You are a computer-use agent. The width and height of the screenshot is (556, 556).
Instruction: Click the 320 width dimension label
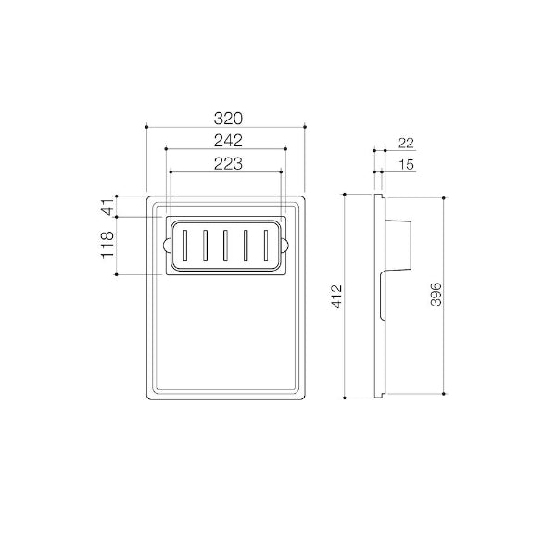tap(228, 119)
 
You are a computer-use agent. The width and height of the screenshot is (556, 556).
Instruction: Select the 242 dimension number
tap(228, 141)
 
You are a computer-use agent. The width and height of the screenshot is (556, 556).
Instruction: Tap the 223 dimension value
tap(228, 164)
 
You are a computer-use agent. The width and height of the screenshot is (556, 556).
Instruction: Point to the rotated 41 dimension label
tap(107, 207)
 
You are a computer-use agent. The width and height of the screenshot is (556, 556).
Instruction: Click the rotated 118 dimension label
tap(107, 245)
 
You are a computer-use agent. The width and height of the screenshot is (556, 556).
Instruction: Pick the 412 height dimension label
tap(336, 296)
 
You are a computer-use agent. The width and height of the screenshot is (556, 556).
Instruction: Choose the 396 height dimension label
tap(436, 295)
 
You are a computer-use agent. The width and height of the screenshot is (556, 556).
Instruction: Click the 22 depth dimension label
tap(406, 144)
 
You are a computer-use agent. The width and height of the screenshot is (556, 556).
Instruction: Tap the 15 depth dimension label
tap(407, 165)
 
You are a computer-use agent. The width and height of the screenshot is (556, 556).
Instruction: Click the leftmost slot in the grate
tap(184, 246)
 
